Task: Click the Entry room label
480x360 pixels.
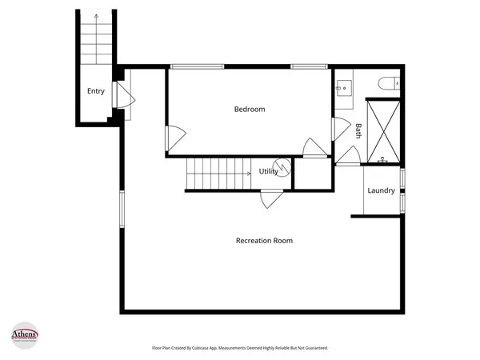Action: coord(96,91)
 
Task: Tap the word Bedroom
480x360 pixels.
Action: coord(249,109)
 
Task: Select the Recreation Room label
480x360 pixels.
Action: coord(264,240)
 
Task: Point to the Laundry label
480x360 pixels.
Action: coord(381,190)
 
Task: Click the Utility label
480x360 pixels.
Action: coord(269,171)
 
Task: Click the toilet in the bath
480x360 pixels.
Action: coord(390,82)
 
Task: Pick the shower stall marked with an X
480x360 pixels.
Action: coord(382,130)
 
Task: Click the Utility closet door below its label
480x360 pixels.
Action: coord(270,197)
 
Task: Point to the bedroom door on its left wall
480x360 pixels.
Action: coord(175,138)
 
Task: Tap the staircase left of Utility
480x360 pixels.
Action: coord(219,174)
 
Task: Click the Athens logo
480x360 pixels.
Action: coord(30,334)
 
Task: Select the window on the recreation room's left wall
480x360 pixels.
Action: coord(122,210)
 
